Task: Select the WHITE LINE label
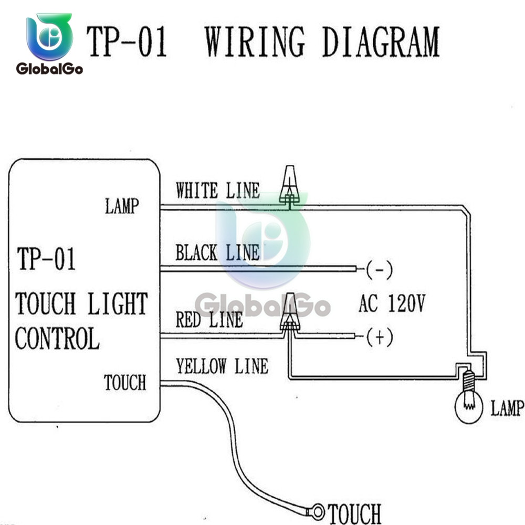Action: pyautogui.click(x=217, y=190)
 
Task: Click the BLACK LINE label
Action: pyautogui.click(x=217, y=253)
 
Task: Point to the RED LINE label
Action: pyautogui.click(x=209, y=319)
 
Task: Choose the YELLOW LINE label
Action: pyautogui.click(x=222, y=366)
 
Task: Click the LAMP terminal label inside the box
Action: pyautogui.click(x=122, y=206)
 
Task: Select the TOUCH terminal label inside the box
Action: pyautogui.click(x=124, y=383)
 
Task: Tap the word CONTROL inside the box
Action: pyautogui.click(x=57, y=339)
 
